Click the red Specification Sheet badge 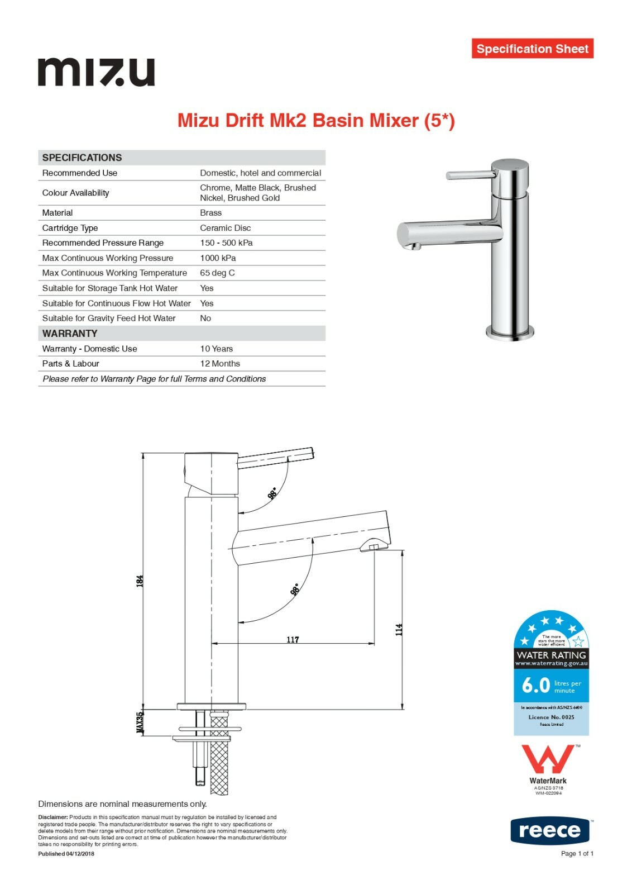(532, 49)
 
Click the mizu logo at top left (96, 72)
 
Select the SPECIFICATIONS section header (82, 158)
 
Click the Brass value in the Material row (210, 213)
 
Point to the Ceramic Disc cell (225, 228)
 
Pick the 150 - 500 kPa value (226, 243)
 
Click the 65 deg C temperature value (217, 273)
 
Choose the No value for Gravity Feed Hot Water (205, 318)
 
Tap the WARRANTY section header (70, 334)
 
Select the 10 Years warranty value (216, 349)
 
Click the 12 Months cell (220, 364)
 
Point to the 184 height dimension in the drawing (140, 581)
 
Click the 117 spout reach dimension (293, 639)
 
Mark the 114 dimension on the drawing (399, 630)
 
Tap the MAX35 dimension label (140, 722)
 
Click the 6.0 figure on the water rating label (535, 685)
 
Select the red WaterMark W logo (548, 759)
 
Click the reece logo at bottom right (549, 831)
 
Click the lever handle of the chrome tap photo (471, 175)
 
